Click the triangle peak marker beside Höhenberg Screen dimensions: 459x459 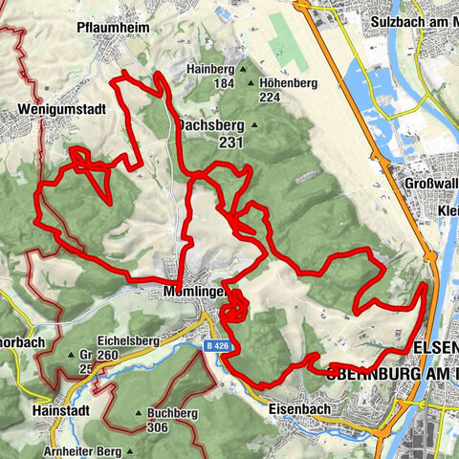click(251, 83)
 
